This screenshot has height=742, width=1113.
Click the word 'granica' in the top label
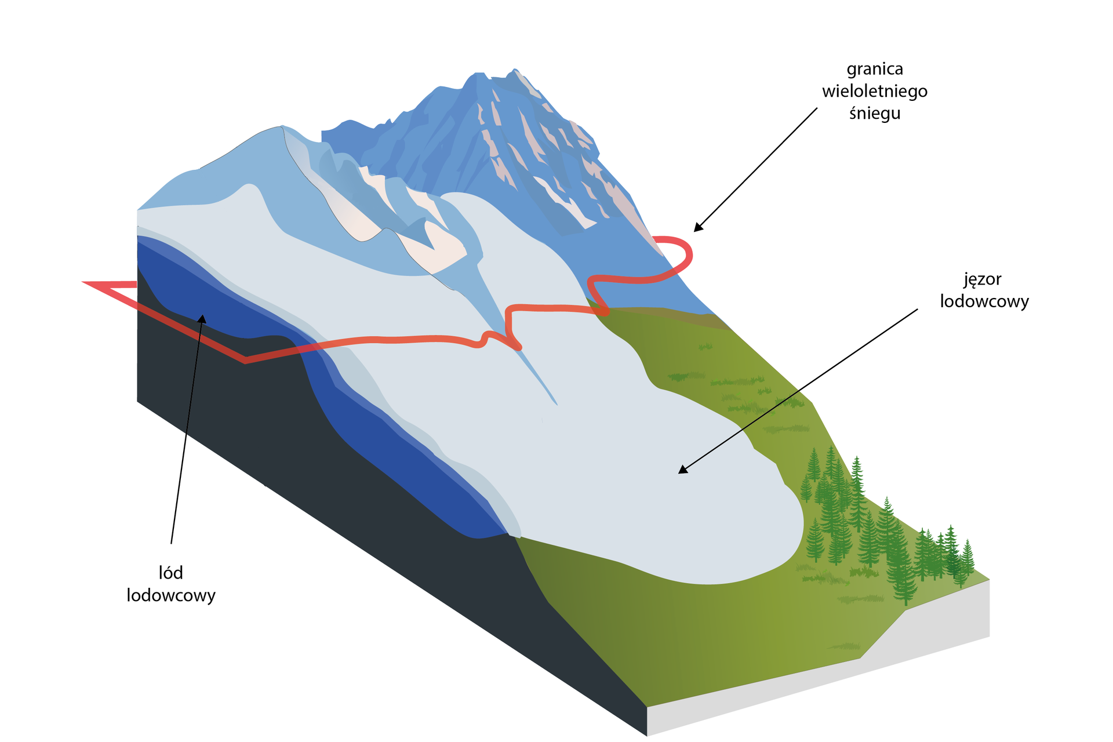tap(875, 70)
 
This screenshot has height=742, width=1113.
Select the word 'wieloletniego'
tap(875, 92)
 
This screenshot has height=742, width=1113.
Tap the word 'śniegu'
tap(875, 113)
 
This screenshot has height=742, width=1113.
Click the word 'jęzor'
tap(983, 280)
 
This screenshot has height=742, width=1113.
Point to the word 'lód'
tap(171, 573)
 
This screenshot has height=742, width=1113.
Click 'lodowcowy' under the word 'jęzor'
tap(984, 301)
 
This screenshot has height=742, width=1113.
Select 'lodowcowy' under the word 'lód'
tap(171, 595)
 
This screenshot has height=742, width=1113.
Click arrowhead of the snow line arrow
tap(697, 228)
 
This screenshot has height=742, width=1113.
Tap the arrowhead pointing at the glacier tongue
tap(682, 470)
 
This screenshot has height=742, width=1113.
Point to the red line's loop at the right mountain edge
tap(688, 253)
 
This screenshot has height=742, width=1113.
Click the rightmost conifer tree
tap(966, 556)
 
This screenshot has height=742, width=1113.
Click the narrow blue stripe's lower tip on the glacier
tap(556, 403)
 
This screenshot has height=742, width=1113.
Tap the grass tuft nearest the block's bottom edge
tap(845, 646)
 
